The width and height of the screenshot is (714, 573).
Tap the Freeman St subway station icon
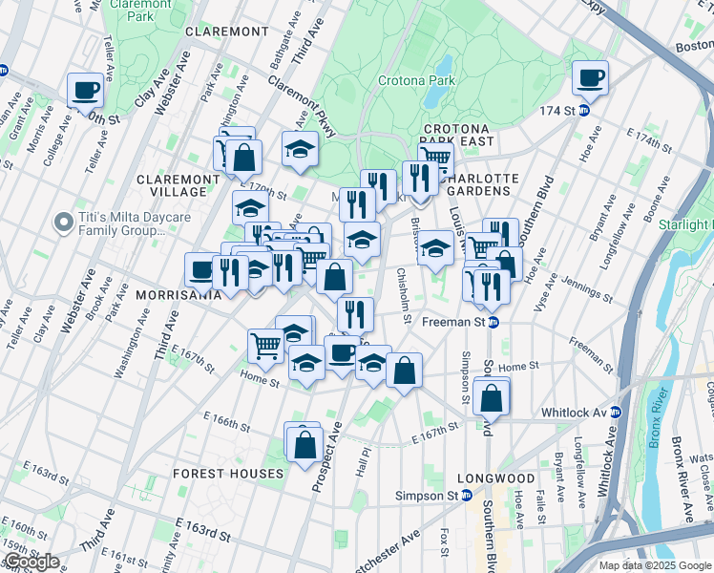[493, 323]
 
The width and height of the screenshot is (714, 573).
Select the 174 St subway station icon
[583, 111]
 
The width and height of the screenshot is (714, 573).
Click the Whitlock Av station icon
[615, 413]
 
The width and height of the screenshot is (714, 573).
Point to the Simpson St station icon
[466, 496]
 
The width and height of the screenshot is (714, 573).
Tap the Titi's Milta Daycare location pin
[63, 223]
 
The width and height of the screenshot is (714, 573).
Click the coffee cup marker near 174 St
[590, 78]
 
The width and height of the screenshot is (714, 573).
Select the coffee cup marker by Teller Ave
[86, 90]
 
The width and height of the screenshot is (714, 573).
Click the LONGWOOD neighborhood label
[495, 478]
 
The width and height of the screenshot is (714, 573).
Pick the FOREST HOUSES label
[228, 474]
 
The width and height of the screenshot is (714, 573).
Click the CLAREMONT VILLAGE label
[178, 185]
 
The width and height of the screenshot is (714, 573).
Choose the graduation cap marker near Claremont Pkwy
[300, 149]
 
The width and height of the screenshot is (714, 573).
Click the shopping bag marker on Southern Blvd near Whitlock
[492, 398]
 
